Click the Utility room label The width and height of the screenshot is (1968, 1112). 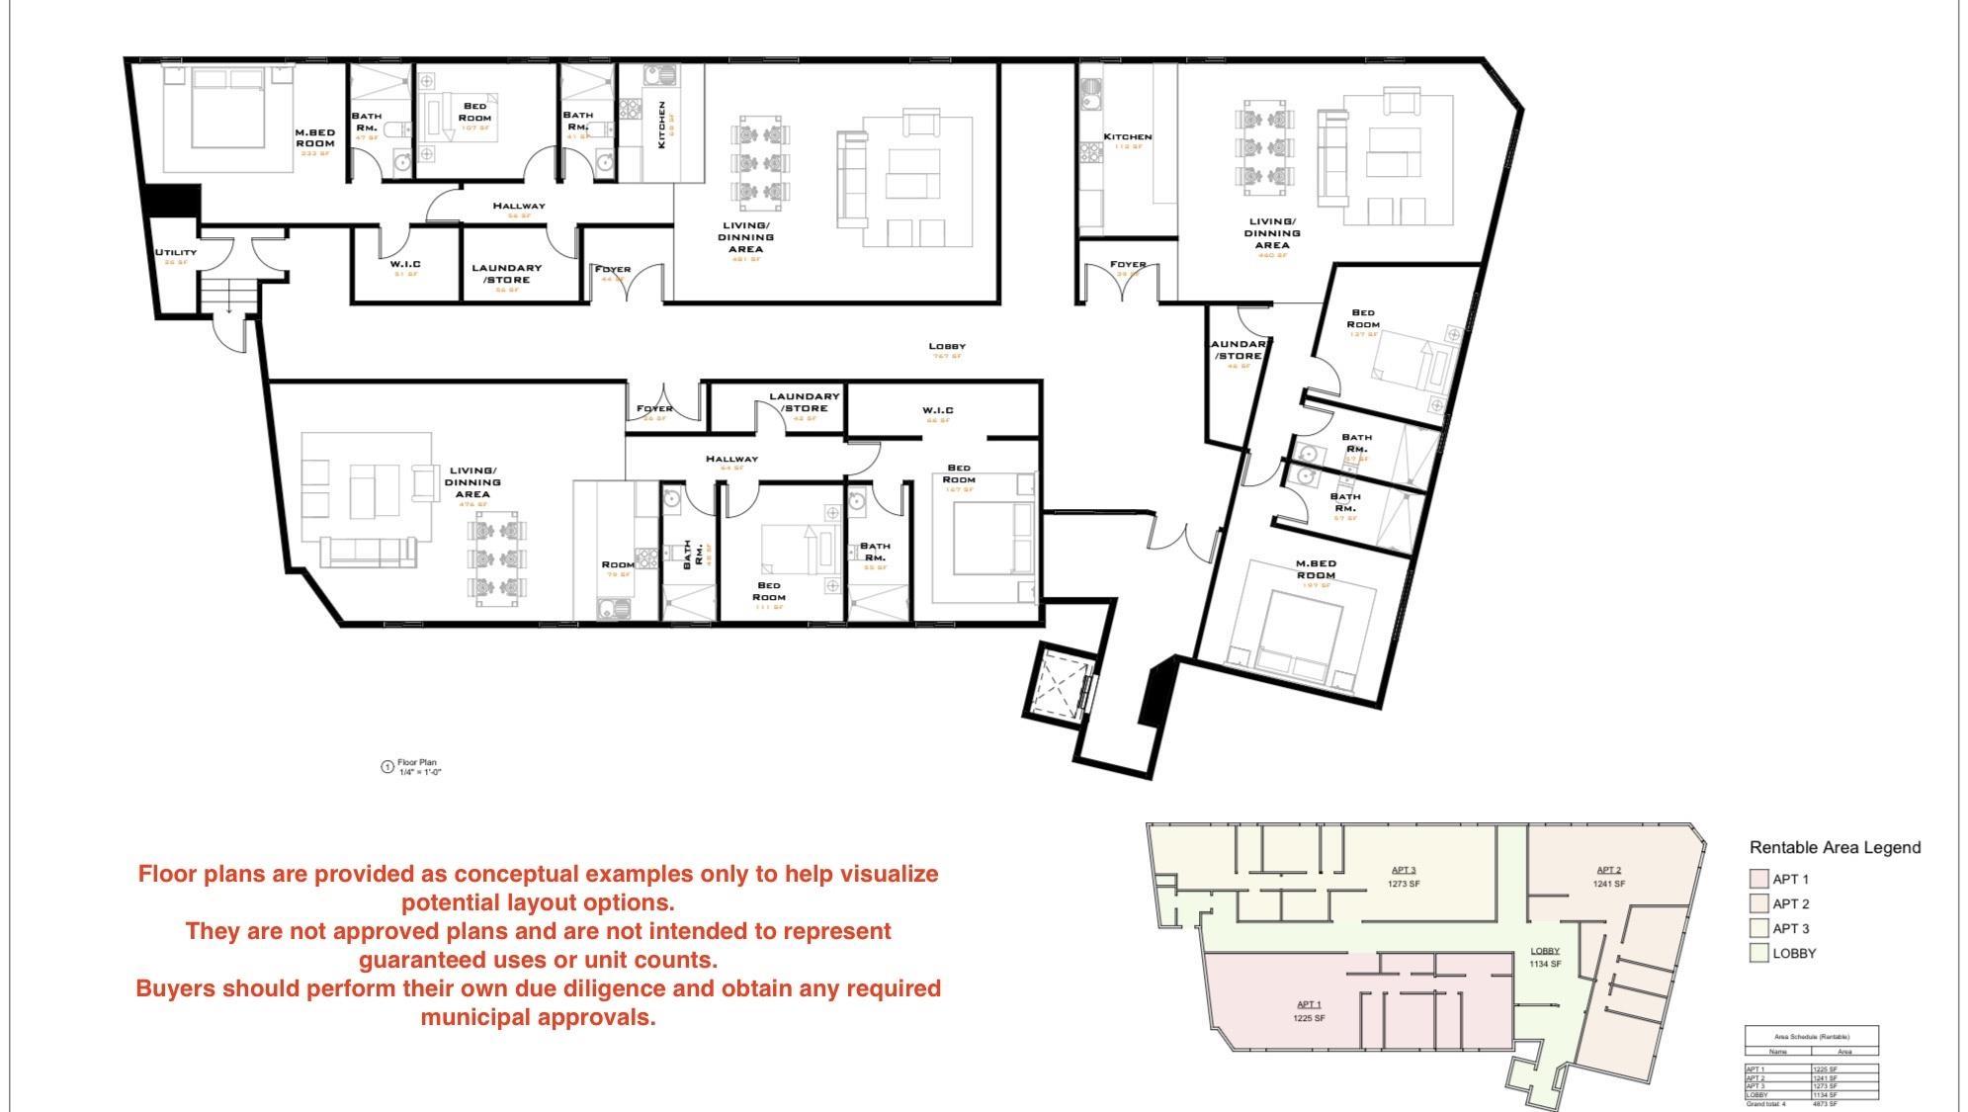[x=175, y=253]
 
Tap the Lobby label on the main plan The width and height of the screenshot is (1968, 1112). [x=946, y=347]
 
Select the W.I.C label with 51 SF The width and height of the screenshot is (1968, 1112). [x=404, y=265]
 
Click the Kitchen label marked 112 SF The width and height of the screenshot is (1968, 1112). [x=1127, y=137]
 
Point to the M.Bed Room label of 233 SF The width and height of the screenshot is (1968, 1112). [x=314, y=138]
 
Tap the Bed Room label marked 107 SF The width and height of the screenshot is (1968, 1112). [x=474, y=113]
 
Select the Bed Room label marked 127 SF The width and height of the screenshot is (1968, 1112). [x=1362, y=319]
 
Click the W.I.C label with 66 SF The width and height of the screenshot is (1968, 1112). [x=937, y=410]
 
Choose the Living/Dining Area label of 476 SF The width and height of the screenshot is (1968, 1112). [x=472, y=482]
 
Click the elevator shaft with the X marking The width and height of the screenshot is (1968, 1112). [x=1054, y=683]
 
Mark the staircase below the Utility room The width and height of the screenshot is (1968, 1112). [x=228, y=296]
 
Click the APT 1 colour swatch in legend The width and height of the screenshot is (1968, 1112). [x=1757, y=879]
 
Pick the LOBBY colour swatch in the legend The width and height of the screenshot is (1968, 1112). [x=1757, y=953]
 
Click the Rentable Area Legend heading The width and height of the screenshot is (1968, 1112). [x=1835, y=847]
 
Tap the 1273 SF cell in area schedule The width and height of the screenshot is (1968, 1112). [x=1825, y=1086]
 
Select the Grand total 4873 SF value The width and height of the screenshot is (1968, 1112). [x=1825, y=1104]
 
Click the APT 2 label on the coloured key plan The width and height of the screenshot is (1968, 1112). [x=1608, y=870]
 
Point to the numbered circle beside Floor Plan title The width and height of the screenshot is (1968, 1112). [x=387, y=767]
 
